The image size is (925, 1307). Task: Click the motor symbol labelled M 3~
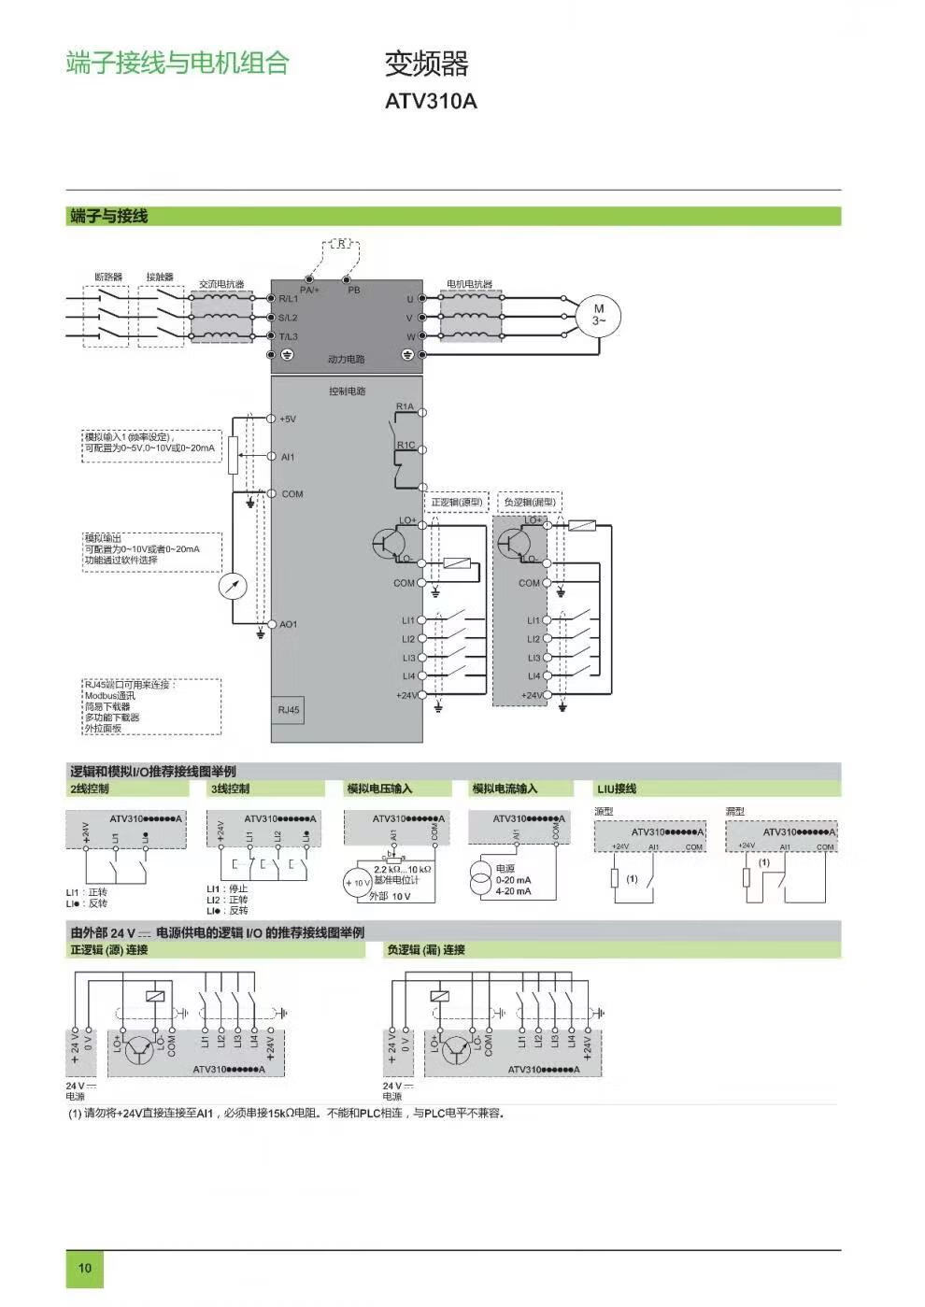[x=598, y=314]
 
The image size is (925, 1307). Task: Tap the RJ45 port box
[x=289, y=710]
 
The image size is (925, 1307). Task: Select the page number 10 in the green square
[x=85, y=1268]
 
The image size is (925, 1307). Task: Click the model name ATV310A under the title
[x=431, y=101]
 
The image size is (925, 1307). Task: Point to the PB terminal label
[x=353, y=291]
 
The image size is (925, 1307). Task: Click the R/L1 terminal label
[x=288, y=299]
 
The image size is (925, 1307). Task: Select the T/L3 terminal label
[x=288, y=336]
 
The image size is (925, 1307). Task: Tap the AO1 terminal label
[x=289, y=624]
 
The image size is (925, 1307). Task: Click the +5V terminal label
[x=288, y=419]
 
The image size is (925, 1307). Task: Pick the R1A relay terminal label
[x=405, y=406]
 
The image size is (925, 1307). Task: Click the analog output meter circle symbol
[x=232, y=587]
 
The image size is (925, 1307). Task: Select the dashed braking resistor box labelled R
[x=342, y=245]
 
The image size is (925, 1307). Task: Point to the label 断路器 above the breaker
[x=108, y=277]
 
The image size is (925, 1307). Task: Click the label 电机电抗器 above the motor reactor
[x=469, y=284]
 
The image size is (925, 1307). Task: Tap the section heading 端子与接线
[x=108, y=217]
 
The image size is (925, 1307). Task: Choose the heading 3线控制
[x=230, y=788]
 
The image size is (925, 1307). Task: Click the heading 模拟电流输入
[x=505, y=788]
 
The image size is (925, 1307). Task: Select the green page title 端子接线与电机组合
[x=178, y=63]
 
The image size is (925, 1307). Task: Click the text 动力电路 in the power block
[x=346, y=360]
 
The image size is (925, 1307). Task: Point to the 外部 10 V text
[x=390, y=897]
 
